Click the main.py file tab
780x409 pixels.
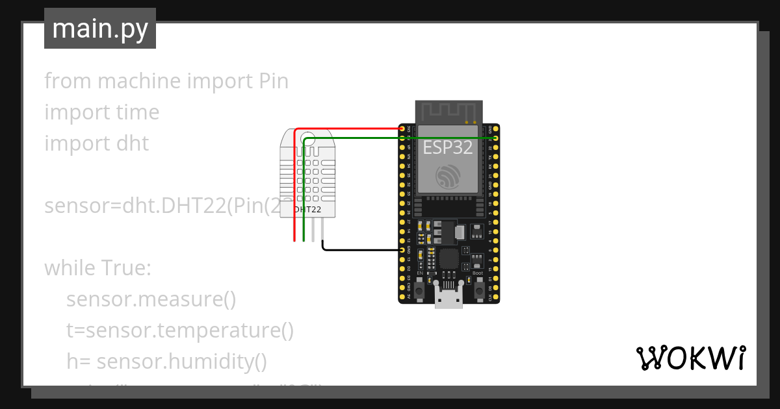99,29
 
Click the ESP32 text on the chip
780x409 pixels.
448,147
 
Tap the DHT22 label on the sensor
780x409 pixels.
307,210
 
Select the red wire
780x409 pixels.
351,129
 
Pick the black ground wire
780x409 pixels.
361,249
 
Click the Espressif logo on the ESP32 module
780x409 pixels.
448,177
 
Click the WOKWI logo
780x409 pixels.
690,358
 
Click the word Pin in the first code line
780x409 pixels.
270,81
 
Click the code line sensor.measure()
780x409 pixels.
151,299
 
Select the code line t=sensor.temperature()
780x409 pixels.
180,330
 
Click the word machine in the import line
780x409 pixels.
139,81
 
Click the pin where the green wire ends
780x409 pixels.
496,138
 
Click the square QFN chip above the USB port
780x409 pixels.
448,258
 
